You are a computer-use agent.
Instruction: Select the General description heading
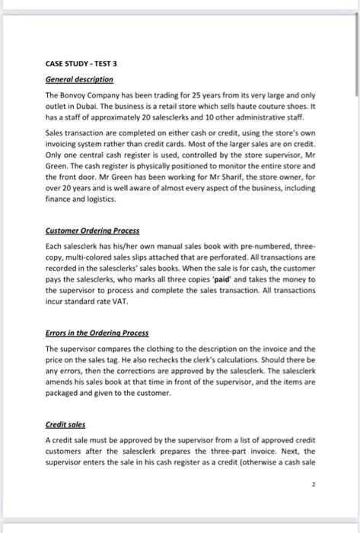point(80,78)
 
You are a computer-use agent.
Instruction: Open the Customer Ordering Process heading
point(93,230)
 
